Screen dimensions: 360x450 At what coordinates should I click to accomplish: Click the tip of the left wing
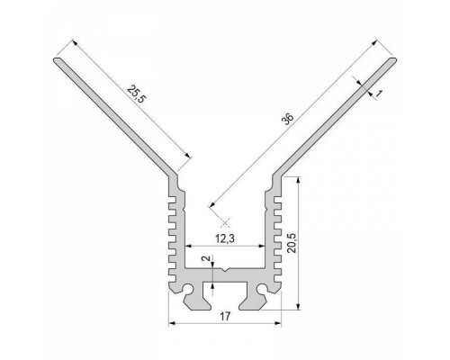58,61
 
